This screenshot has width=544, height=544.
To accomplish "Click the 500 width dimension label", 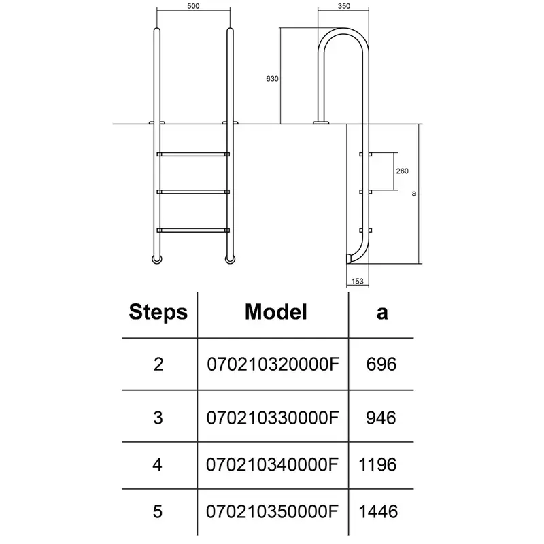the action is coord(193,6).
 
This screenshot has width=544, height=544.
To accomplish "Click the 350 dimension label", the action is coord(344,6).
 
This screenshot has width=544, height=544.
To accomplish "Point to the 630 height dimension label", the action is coord(272,79).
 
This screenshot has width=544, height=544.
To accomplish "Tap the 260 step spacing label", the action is coord(402,171).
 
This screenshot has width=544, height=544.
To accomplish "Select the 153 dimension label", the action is coord(358,281).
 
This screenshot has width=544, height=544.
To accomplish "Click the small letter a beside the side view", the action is coord(414,194).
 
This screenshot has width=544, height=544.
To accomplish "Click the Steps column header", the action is coord(158,312).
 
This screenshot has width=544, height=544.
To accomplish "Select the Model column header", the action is coord(276,311).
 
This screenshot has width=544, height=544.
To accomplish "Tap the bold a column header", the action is coord(382,313).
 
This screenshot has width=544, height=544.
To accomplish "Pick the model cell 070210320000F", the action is coord(273,364).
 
